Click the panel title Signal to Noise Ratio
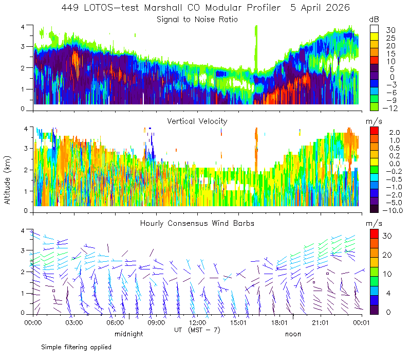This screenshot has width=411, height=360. (x=197, y=20)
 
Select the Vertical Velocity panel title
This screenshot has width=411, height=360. (x=197, y=121)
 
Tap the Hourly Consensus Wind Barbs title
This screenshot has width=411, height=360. (x=197, y=223)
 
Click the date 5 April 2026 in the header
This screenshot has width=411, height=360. (x=320, y=8)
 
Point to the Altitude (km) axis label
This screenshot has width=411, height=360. (x=7, y=180)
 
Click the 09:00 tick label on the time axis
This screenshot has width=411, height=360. (x=156, y=322)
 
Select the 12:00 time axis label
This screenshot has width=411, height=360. (x=197, y=322)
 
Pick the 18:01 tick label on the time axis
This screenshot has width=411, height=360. (x=279, y=322)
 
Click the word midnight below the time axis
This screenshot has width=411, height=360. (x=129, y=334)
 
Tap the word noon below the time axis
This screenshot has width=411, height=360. (x=293, y=334)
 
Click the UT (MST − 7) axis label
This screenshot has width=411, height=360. (x=197, y=330)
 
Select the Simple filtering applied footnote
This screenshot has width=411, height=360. (x=76, y=347)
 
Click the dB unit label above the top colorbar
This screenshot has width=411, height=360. (x=374, y=20)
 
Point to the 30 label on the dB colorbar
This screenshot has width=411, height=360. (x=390, y=30)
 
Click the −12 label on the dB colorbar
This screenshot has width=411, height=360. (x=390, y=108)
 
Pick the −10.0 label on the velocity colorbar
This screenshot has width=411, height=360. (x=393, y=210)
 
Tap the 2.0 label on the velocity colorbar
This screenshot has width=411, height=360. (x=395, y=132)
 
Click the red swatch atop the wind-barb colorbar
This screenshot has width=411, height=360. (x=374, y=234)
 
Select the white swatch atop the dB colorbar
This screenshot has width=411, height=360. (x=374, y=29)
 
